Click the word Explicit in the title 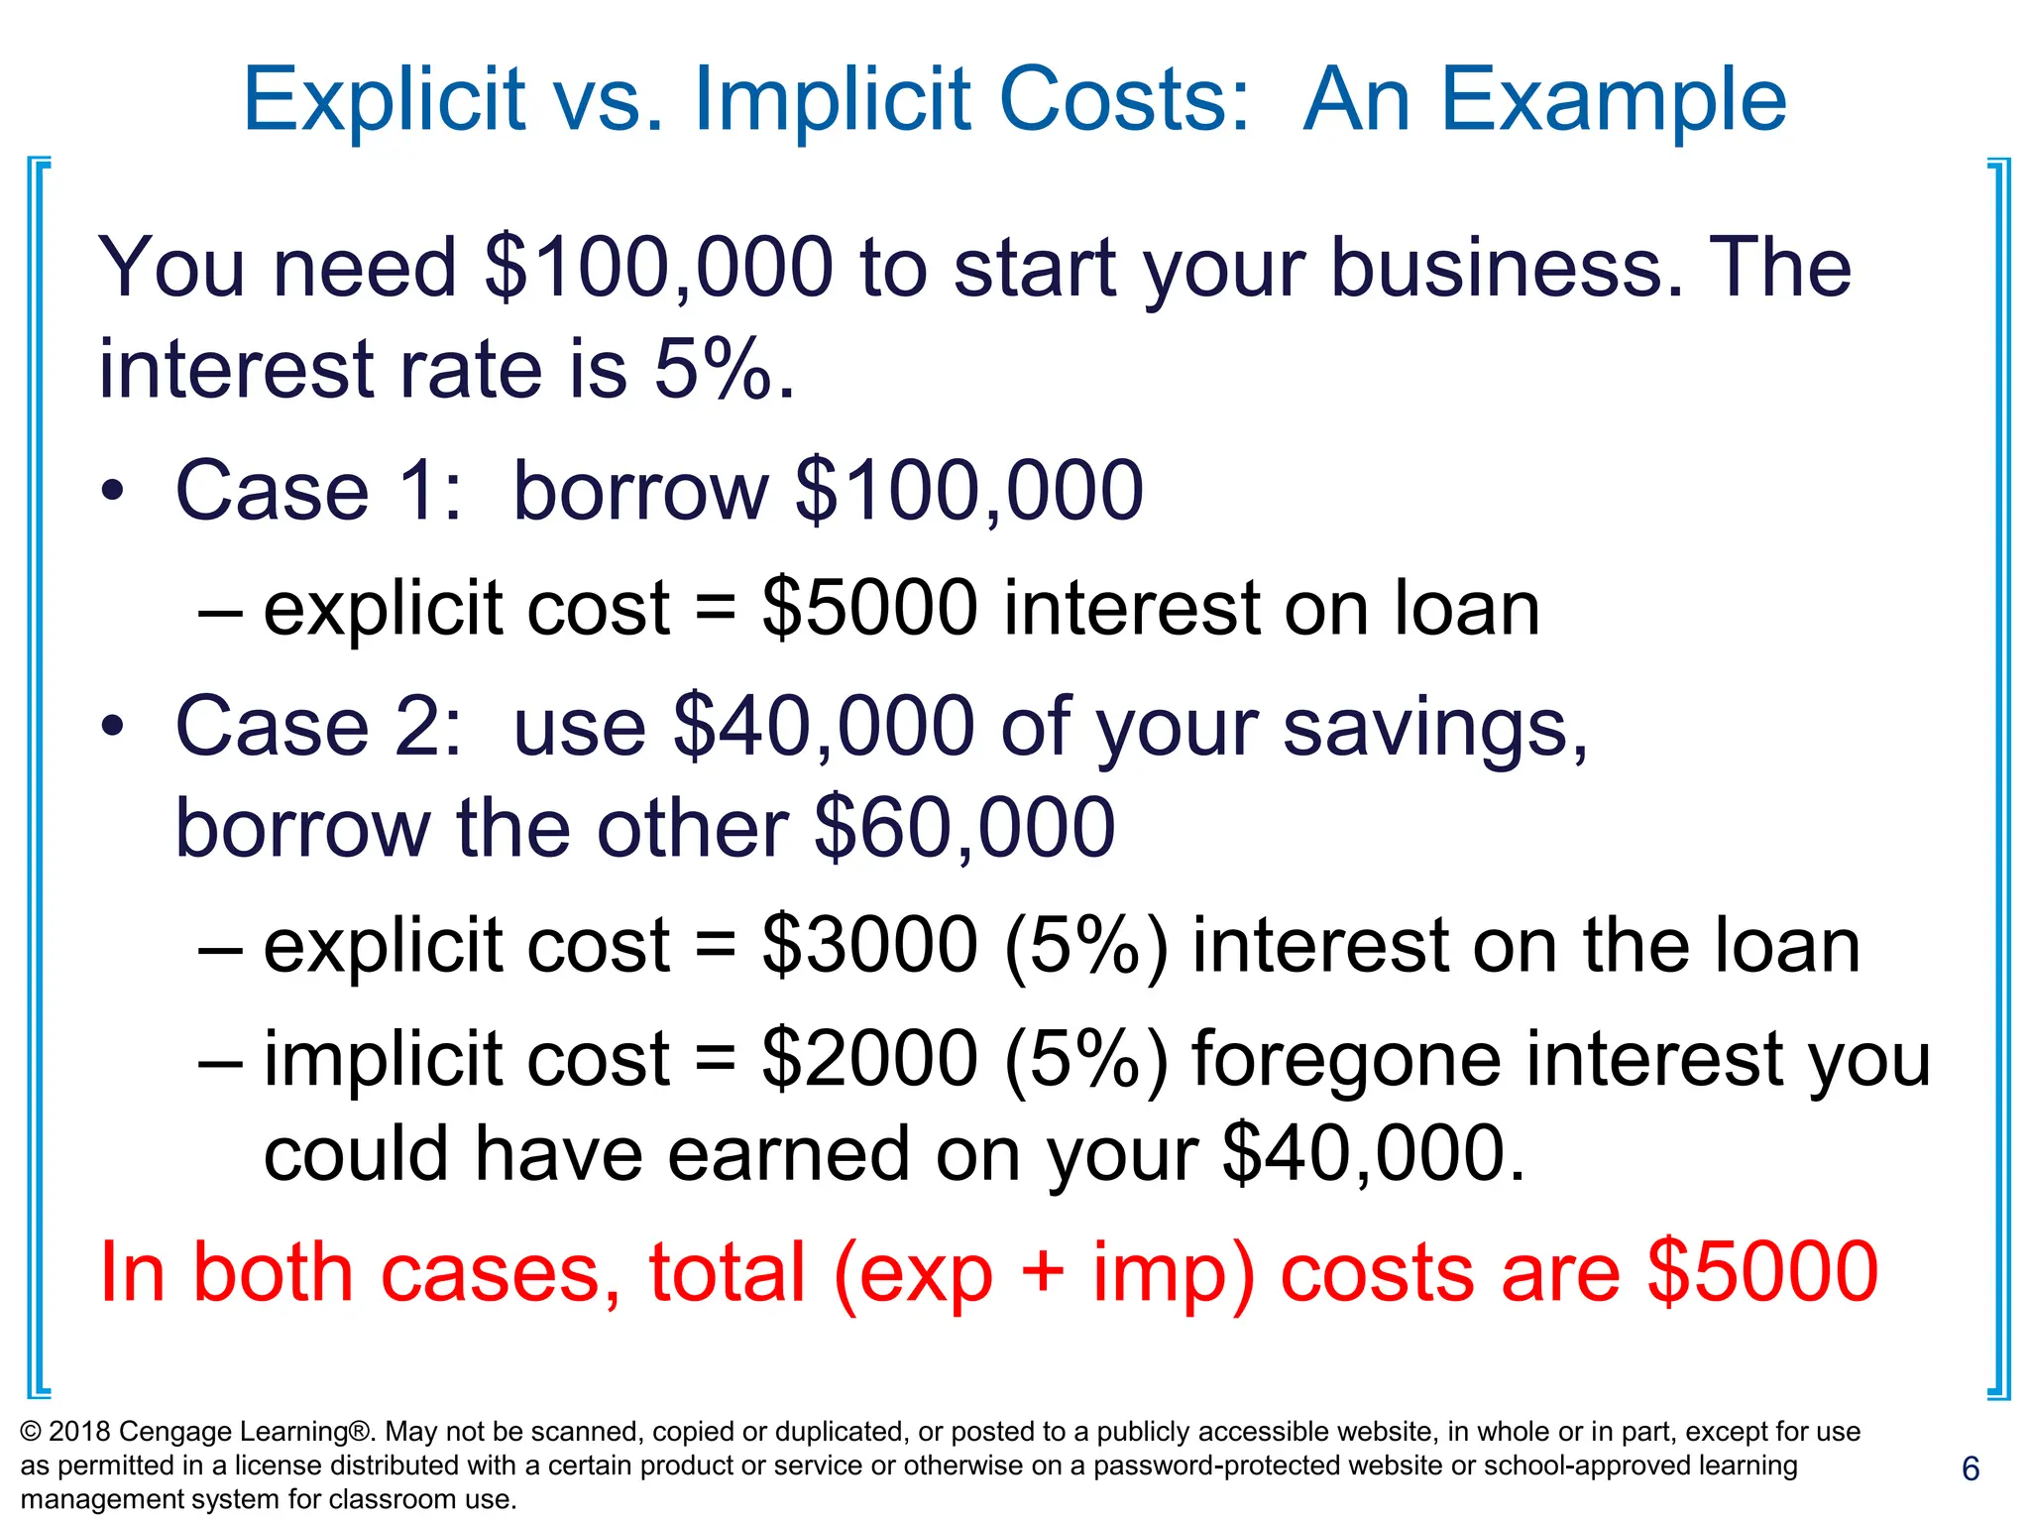[x=383, y=100]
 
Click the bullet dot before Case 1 [x=113, y=491]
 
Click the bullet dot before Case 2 [x=113, y=727]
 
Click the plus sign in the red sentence [x=1043, y=1274]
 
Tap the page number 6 [x=1971, y=1468]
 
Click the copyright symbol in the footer [x=31, y=1432]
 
